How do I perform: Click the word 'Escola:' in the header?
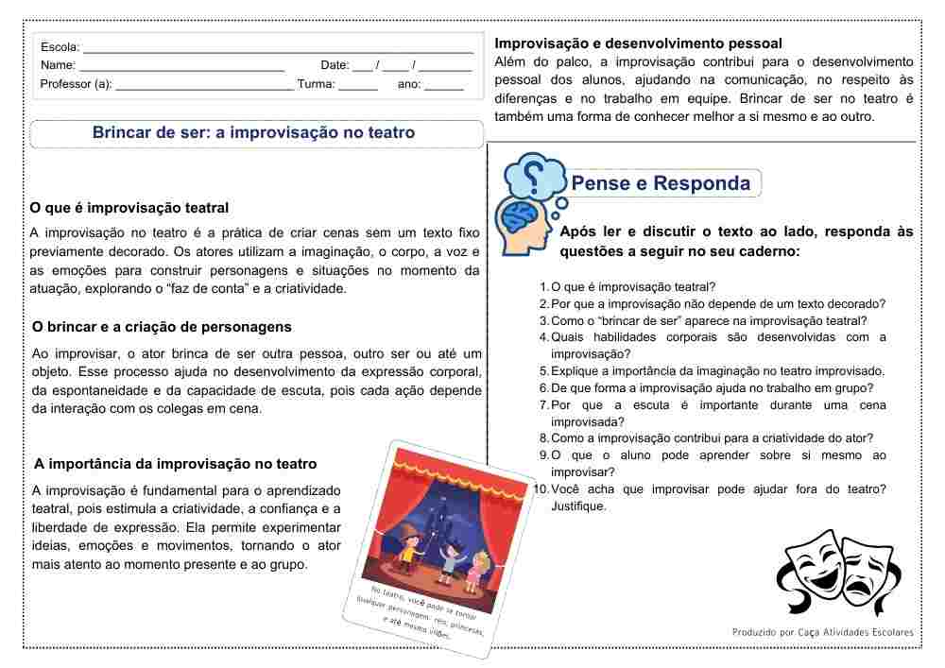click(60, 47)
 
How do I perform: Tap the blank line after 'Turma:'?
click(358, 85)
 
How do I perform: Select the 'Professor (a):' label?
click(76, 84)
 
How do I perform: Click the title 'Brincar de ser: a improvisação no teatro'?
click(253, 133)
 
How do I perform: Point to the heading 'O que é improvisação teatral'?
click(129, 208)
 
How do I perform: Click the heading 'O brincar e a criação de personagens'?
click(162, 327)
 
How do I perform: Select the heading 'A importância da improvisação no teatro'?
click(175, 464)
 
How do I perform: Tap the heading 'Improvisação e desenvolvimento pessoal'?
click(638, 43)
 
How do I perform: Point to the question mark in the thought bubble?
click(534, 175)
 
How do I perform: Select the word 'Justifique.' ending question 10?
click(578, 506)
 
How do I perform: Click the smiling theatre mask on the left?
click(809, 568)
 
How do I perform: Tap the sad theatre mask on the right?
click(868, 573)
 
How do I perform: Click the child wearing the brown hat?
click(408, 548)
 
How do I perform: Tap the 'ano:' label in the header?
click(409, 84)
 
